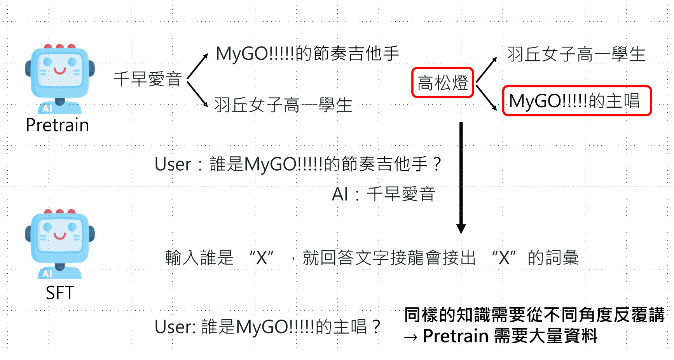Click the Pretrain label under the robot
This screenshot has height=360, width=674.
point(58,125)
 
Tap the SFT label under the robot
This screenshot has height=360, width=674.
point(60,293)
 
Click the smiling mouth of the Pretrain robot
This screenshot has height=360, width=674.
point(60,71)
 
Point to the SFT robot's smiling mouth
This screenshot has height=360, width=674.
point(60,236)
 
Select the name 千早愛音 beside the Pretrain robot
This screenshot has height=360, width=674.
point(148,79)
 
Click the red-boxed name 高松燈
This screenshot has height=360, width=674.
point(442,83)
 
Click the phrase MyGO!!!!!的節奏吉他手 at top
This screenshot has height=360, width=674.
point(307,54)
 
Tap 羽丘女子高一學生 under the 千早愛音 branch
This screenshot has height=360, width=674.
point(283,105)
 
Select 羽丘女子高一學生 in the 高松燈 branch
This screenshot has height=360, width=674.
point(576,54)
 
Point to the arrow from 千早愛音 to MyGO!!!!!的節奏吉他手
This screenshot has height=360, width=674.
point(198,66)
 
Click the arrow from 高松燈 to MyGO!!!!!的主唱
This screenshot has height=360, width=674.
point(486,97)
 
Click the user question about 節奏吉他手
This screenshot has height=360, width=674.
point(298,164)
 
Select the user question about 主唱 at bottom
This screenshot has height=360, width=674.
point(267,327)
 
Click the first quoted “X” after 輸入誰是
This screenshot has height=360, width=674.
point(262,258)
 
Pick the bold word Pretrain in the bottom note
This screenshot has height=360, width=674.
point(456,336)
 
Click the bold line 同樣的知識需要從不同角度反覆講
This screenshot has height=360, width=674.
point(534,315)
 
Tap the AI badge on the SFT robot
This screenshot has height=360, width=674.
point(47,273)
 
